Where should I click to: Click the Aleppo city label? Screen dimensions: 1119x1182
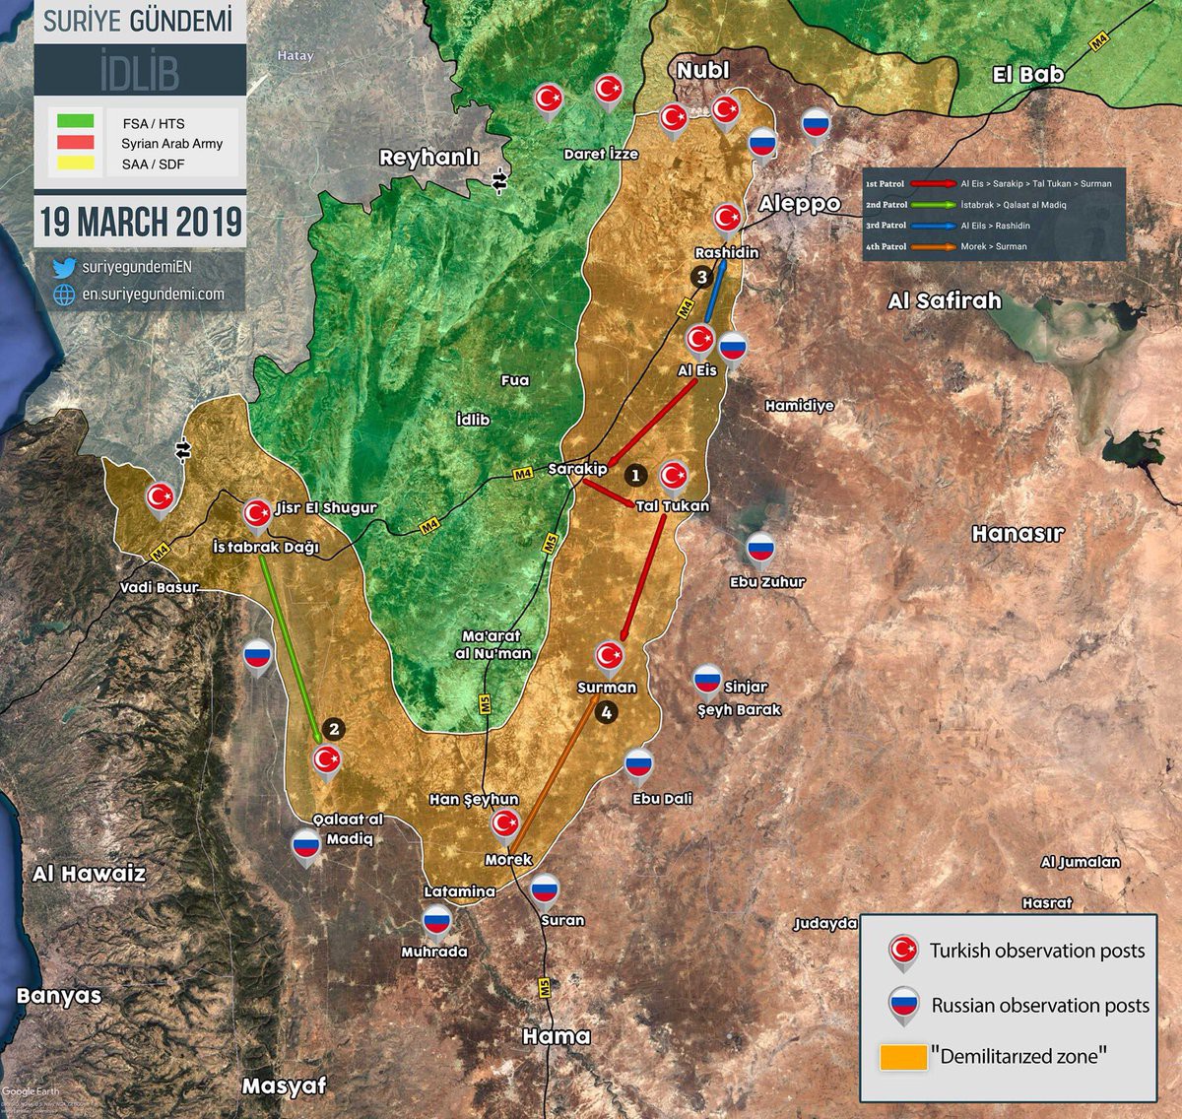799,204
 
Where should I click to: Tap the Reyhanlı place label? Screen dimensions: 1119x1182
428,158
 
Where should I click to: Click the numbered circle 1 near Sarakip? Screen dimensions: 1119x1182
635,475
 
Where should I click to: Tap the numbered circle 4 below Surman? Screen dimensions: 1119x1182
606,712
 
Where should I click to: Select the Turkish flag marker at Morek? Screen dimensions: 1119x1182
505,823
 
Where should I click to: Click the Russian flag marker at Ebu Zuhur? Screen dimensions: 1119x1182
759,550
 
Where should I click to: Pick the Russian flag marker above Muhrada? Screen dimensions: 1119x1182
436,921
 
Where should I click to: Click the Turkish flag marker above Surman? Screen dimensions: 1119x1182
610,655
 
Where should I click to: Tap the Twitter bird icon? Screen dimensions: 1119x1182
64,268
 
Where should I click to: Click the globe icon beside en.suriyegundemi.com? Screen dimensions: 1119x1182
64,295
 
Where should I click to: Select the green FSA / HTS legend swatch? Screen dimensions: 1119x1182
76,121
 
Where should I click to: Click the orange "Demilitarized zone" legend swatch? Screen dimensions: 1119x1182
903,1057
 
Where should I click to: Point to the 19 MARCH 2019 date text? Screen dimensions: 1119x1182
140,222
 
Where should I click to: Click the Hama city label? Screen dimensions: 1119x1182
557,1036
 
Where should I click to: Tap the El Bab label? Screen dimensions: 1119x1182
1027,75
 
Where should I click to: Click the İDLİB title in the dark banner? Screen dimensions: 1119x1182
139,71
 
